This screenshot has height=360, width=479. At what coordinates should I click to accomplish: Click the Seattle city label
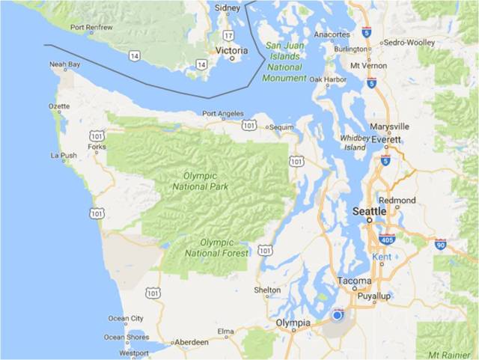[x=370, y=212]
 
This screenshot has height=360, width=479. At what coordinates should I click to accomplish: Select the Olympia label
[x=293, y=323]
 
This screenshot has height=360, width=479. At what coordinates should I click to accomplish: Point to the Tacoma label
[x=354, y=281]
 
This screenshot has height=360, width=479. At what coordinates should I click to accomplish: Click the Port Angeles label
[x=223, y=114]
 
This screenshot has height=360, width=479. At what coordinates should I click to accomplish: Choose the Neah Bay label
[x=64, y=64]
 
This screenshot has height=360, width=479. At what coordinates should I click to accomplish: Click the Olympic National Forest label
[x=227, y=248]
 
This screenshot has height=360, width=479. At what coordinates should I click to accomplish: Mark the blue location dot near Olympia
[x=338, y=315]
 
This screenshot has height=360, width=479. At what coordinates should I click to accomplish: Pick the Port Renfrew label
[x=92, y=28]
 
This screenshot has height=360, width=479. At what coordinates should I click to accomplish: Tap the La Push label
[x=63, y=156]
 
